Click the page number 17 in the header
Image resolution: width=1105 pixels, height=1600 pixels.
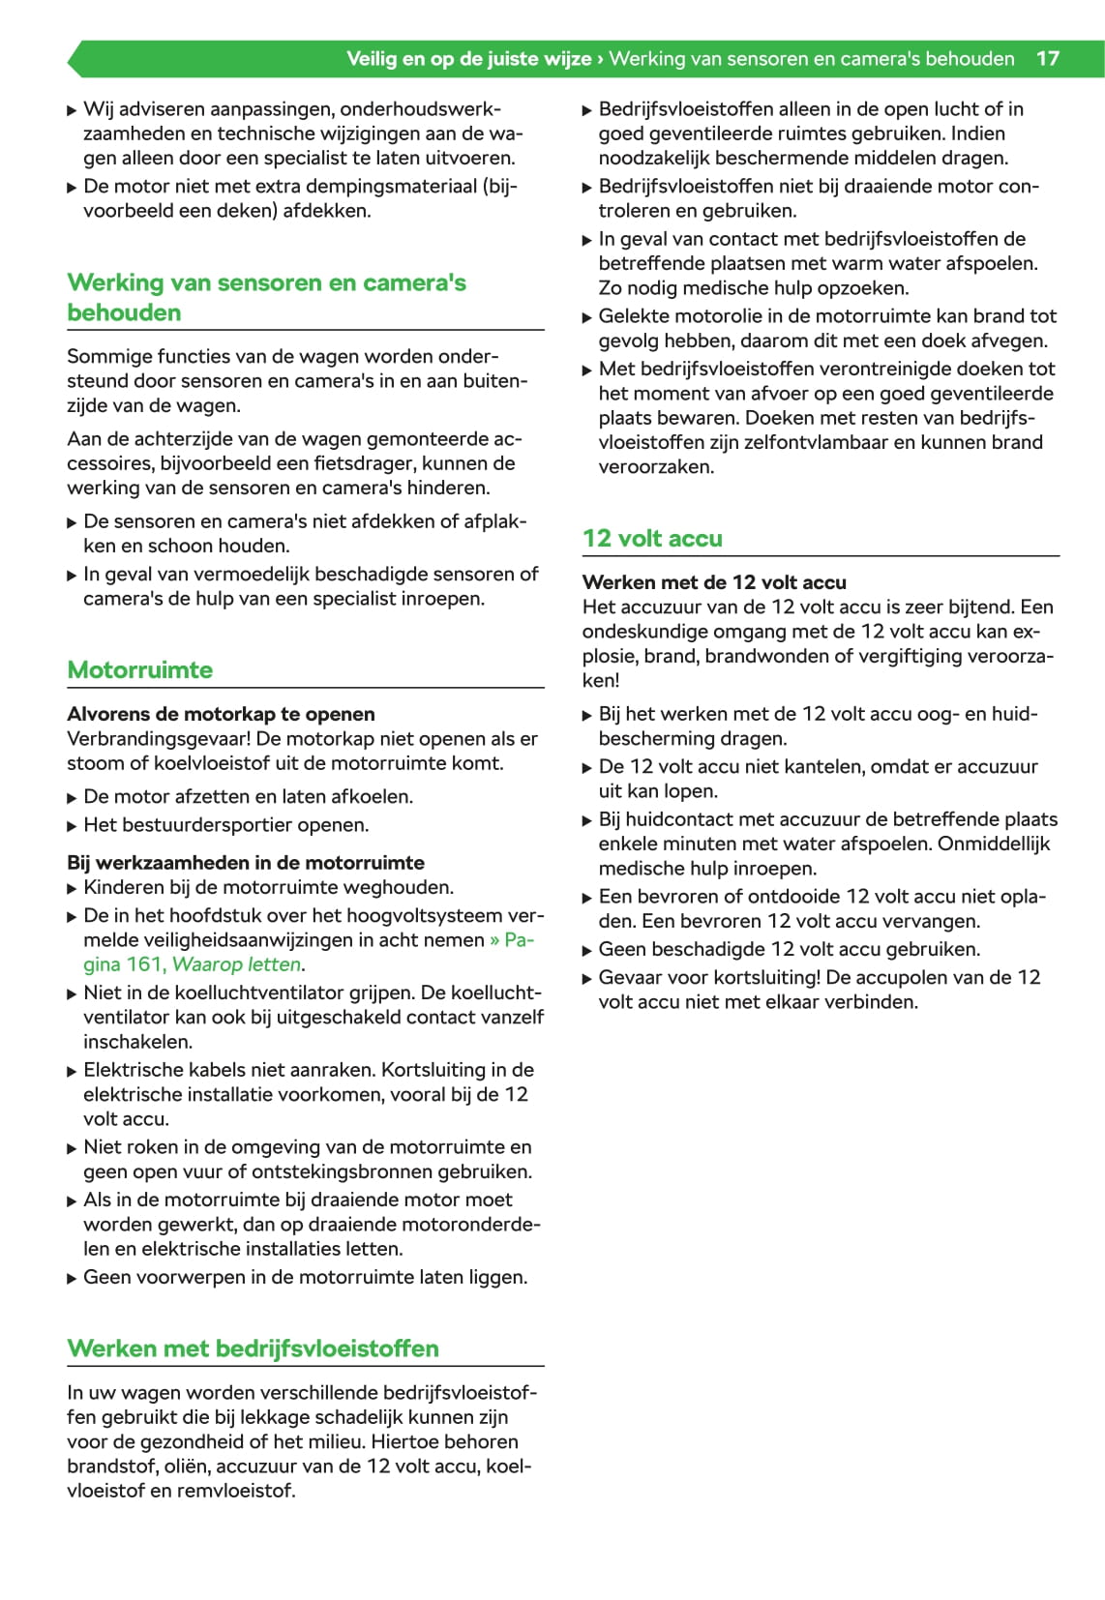click(1047, 58)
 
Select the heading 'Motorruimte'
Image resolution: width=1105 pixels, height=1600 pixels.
click(140, 669)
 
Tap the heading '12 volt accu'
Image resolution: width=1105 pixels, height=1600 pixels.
click(652, 538)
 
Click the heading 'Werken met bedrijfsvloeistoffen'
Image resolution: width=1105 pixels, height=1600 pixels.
click(253, 1348)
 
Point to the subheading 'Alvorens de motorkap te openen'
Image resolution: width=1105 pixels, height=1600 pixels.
click(221, 714)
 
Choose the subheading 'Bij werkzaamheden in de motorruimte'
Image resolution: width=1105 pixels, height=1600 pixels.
click(246, 862)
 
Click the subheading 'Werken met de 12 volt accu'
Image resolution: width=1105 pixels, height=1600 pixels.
click(714, 582)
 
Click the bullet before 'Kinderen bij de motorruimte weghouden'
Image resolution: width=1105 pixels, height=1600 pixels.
click(72, 888)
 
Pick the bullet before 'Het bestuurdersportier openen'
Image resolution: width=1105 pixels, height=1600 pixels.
click(72, 826)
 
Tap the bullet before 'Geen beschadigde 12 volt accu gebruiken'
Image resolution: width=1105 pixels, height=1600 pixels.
click(586, 950)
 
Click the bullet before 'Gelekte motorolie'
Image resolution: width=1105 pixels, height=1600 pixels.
click(586, 317)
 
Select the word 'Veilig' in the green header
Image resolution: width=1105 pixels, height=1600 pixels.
click(372, 58)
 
